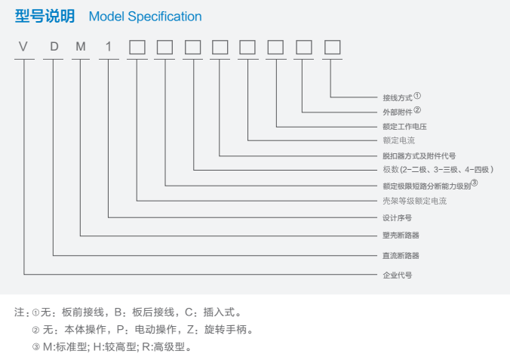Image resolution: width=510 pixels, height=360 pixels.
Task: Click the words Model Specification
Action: click(145, 16)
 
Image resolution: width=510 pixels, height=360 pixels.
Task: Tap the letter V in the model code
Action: click(24, 47)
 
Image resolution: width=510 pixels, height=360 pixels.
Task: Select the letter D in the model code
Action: click(54, 47)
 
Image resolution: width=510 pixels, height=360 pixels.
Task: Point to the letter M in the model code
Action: click(81, 47)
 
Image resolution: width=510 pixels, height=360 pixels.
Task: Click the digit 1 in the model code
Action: click(109, 47)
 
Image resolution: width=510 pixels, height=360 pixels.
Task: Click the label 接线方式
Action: click(398, 98)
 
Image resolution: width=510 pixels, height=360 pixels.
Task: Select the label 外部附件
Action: click(398, 112)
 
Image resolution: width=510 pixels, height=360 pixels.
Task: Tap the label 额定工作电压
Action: click(404, 126)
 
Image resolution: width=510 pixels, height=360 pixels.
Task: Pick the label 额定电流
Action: click(398, 140)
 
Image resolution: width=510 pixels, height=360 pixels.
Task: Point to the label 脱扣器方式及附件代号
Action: click(419, 155)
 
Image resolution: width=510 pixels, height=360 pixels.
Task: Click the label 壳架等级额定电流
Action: click(414, 202)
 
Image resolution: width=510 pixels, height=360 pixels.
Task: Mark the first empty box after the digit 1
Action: click(137, 47)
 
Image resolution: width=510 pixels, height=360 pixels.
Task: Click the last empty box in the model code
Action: click(332, 47)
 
